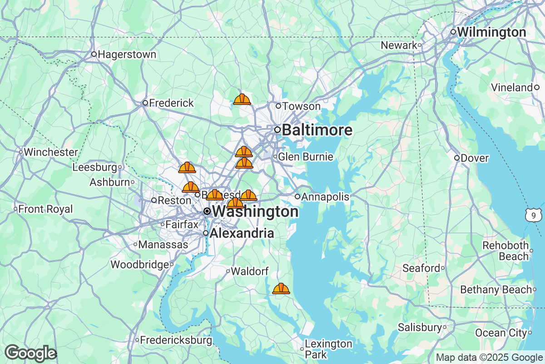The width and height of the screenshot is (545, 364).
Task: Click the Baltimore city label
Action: [317, 130]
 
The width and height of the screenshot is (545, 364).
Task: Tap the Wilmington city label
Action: [491, 32]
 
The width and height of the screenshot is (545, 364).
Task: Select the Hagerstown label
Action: [127, 55]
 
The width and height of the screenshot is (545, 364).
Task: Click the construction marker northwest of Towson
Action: [242, 99]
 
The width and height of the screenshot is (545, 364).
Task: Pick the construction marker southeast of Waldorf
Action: [281, 288]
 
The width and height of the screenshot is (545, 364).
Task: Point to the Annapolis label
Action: [325, 197]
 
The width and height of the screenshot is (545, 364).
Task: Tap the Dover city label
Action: [474, 158]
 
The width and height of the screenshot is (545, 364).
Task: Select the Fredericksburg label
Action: [176, 340]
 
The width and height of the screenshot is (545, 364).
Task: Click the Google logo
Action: [31, 353]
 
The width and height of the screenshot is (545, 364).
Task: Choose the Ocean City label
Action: [500, 333]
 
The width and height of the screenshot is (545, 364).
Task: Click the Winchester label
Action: [50, 152]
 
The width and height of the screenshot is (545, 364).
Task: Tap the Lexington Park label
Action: [328, 349]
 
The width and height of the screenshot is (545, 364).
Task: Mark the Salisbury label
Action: [420, 327]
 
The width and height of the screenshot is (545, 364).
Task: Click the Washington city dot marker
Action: [207, 211]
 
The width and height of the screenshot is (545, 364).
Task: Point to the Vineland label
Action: [512, 87]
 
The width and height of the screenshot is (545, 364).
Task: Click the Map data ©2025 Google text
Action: [489, 357]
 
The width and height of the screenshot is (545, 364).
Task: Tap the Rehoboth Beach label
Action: [505, 251]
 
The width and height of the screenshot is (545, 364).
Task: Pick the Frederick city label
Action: [171, 103]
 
